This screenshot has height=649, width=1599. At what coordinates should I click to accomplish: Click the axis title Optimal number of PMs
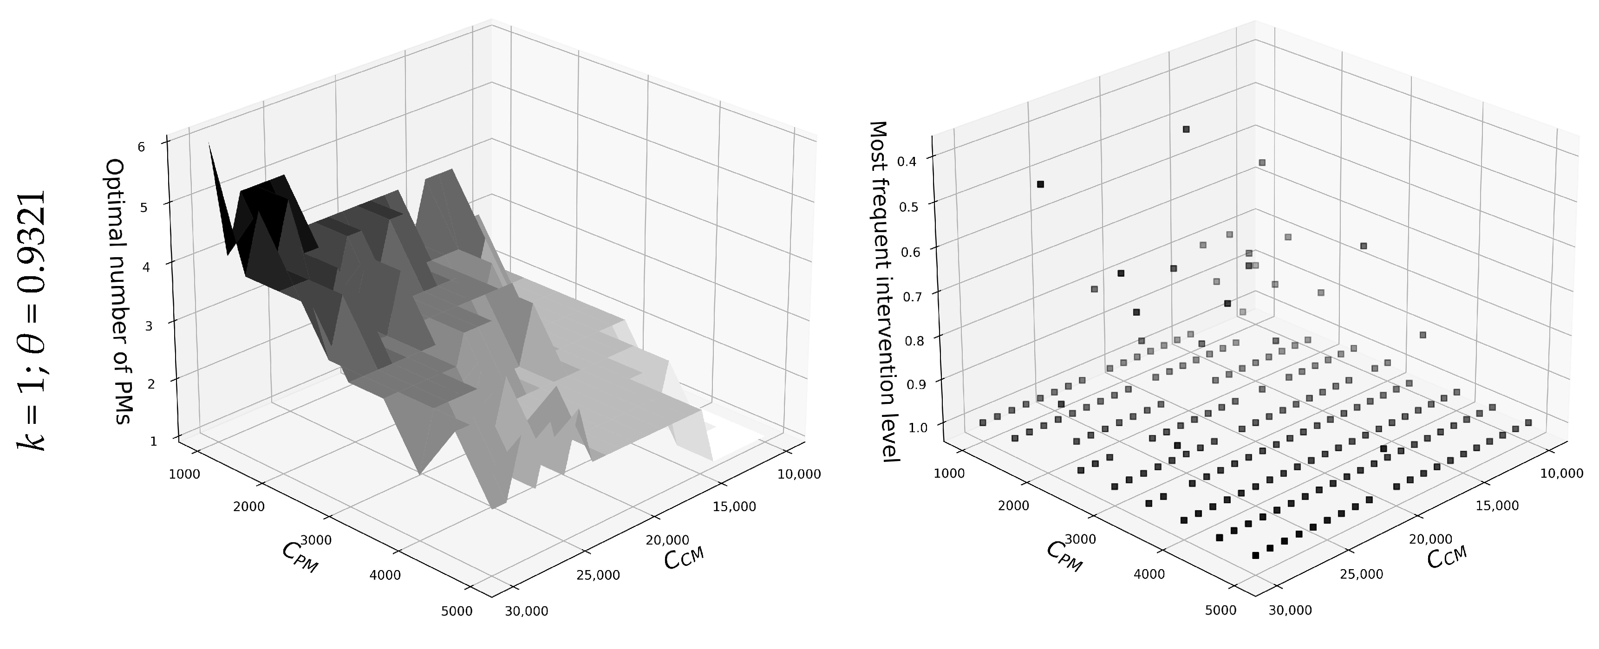120,292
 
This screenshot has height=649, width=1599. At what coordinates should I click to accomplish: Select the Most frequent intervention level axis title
883,291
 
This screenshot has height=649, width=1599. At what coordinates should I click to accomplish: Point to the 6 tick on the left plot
142,147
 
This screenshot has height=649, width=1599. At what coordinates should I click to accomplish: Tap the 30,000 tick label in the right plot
1290,610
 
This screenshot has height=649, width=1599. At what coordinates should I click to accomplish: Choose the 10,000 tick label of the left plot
799,474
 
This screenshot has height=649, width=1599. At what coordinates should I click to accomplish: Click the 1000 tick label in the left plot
184,474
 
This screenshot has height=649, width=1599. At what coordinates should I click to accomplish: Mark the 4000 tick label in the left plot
385,576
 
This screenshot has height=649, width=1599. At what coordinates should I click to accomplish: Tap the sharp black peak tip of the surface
209,144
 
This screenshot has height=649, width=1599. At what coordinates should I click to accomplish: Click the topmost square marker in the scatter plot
1186,129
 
